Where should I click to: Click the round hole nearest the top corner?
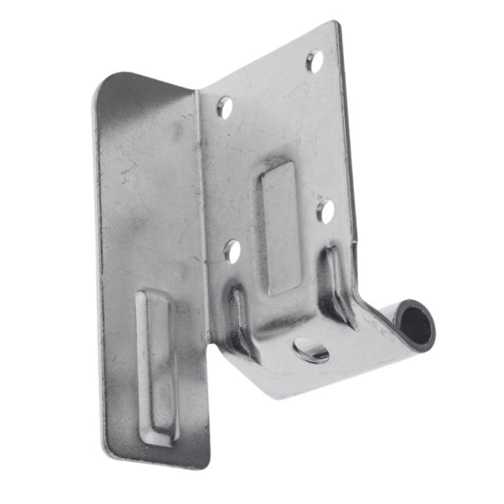314,60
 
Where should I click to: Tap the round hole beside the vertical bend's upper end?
225,107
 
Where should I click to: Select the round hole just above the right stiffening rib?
326,210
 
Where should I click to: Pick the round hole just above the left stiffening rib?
232,251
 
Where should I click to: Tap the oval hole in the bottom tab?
311,350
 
